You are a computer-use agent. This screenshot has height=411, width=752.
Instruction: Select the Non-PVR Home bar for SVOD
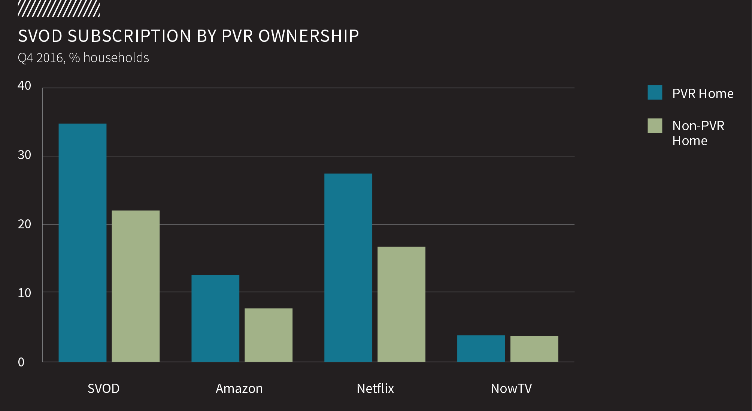point(136,286)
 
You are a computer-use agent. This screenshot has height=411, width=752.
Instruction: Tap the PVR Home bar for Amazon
point(215,318)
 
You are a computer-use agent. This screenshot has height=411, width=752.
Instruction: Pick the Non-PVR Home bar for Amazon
point(269,335)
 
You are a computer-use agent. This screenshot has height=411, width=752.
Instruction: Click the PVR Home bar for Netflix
point(348,268)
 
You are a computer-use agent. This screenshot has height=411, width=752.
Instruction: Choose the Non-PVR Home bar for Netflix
point(401,304)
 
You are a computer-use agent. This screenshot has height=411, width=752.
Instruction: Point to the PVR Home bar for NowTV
point(481,348)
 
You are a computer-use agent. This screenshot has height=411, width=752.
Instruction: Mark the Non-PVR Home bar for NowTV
point(534,349)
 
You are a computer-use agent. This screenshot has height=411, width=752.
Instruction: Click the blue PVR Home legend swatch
point(655,92)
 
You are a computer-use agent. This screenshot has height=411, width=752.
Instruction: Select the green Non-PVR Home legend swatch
point(655,126)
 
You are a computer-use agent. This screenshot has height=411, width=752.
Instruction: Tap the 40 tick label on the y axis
point(24,86)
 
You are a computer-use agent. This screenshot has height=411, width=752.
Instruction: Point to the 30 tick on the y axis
point(24,155)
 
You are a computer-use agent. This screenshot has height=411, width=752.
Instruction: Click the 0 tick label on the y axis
point(21,362)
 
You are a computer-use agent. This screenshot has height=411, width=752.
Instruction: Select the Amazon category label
point(239,389)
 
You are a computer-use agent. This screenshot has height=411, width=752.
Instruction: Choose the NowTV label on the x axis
point(511,389)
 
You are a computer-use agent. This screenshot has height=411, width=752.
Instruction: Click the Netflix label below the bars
point(375,389)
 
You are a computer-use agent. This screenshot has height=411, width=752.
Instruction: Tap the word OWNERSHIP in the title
point(309,36)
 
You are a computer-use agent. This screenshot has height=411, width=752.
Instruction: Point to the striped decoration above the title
point(59,9)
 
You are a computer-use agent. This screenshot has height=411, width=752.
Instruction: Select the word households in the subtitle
point(116,58)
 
